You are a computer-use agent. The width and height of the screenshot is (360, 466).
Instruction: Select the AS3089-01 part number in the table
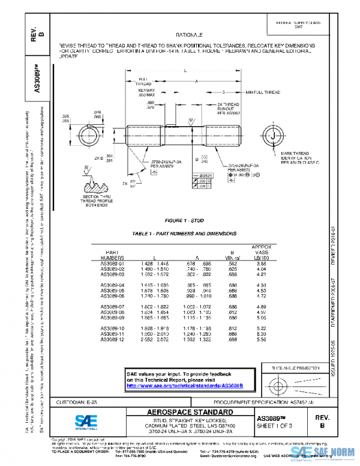[115, 264]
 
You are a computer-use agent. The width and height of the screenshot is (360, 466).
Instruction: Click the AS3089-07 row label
[115, 306]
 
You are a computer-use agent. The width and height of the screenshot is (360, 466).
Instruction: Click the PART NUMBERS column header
[115, 255]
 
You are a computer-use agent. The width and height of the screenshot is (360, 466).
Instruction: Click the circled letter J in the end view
[274, 138]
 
